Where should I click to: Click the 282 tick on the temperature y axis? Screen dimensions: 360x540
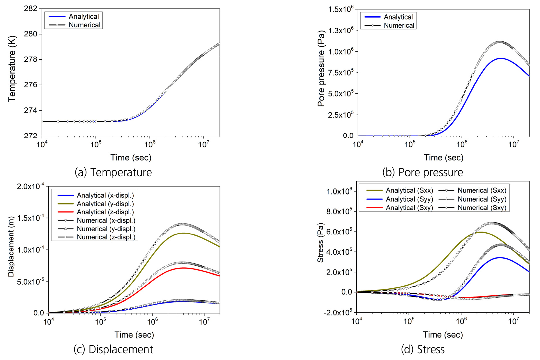31,9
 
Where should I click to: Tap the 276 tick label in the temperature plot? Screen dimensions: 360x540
31,85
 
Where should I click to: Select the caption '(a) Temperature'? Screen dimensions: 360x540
113,172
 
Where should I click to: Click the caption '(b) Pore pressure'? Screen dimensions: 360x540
422,172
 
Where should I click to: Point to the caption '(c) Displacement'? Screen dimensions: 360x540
113,349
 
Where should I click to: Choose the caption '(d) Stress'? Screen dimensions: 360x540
423,349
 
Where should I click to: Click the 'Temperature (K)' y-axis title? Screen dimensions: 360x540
12,69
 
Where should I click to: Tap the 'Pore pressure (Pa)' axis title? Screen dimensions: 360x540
321,69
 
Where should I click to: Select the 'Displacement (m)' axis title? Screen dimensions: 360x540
11,246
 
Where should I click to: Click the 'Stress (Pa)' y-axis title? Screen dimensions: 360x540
321,243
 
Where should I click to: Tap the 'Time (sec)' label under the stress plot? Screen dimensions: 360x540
443,335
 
